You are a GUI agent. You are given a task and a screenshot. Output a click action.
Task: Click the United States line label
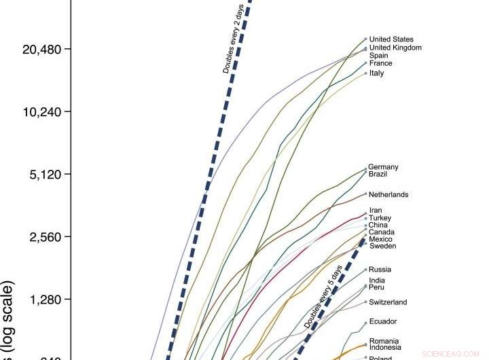(x=391, y=39)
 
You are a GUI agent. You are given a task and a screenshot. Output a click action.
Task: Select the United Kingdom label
(x=395, y=48)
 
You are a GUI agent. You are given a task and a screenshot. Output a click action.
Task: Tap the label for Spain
(x=379, y=56)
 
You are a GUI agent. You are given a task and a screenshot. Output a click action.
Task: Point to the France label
(x=380, y=63)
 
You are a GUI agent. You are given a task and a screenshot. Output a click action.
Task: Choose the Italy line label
(x=376, y=73)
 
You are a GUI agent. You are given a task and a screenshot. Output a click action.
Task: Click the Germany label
(x=383, y=167)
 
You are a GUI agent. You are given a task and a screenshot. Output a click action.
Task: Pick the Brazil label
(x=378, y=174)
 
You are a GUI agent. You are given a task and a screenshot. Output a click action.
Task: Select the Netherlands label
(x=388, y=195)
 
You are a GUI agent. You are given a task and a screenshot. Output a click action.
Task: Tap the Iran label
(x=376, y=211)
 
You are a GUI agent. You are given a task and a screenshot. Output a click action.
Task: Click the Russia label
(x=380, y=270)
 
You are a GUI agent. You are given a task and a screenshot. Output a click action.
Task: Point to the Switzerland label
(x=388, y=302)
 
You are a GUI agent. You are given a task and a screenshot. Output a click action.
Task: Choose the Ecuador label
(x=382, y=321)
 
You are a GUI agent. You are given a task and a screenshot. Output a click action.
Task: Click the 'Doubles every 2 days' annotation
(x=238, y=39)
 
